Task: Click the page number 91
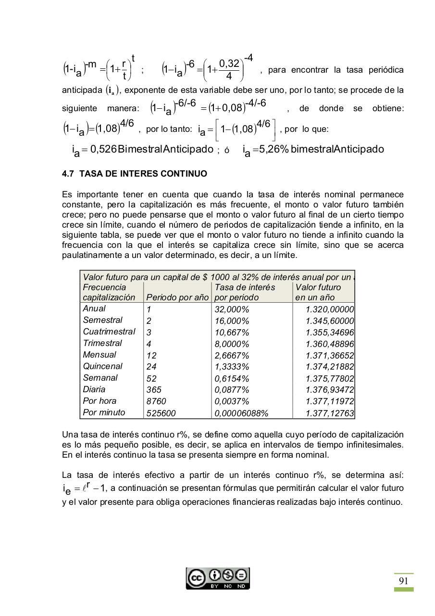404,581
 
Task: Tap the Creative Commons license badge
218,578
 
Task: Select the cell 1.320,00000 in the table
330,309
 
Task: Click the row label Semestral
102,320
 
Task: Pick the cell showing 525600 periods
161,413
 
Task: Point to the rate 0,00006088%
241,413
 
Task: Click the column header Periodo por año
177,297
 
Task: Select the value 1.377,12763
330,413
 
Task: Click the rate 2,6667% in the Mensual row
232,355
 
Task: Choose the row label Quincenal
102,366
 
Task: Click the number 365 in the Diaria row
154,390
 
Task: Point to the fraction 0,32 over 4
229,69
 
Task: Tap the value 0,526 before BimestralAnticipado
103,149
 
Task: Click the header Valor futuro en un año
318,292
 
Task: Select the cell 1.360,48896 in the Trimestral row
330,344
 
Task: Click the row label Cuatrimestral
109,332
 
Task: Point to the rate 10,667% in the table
232,333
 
